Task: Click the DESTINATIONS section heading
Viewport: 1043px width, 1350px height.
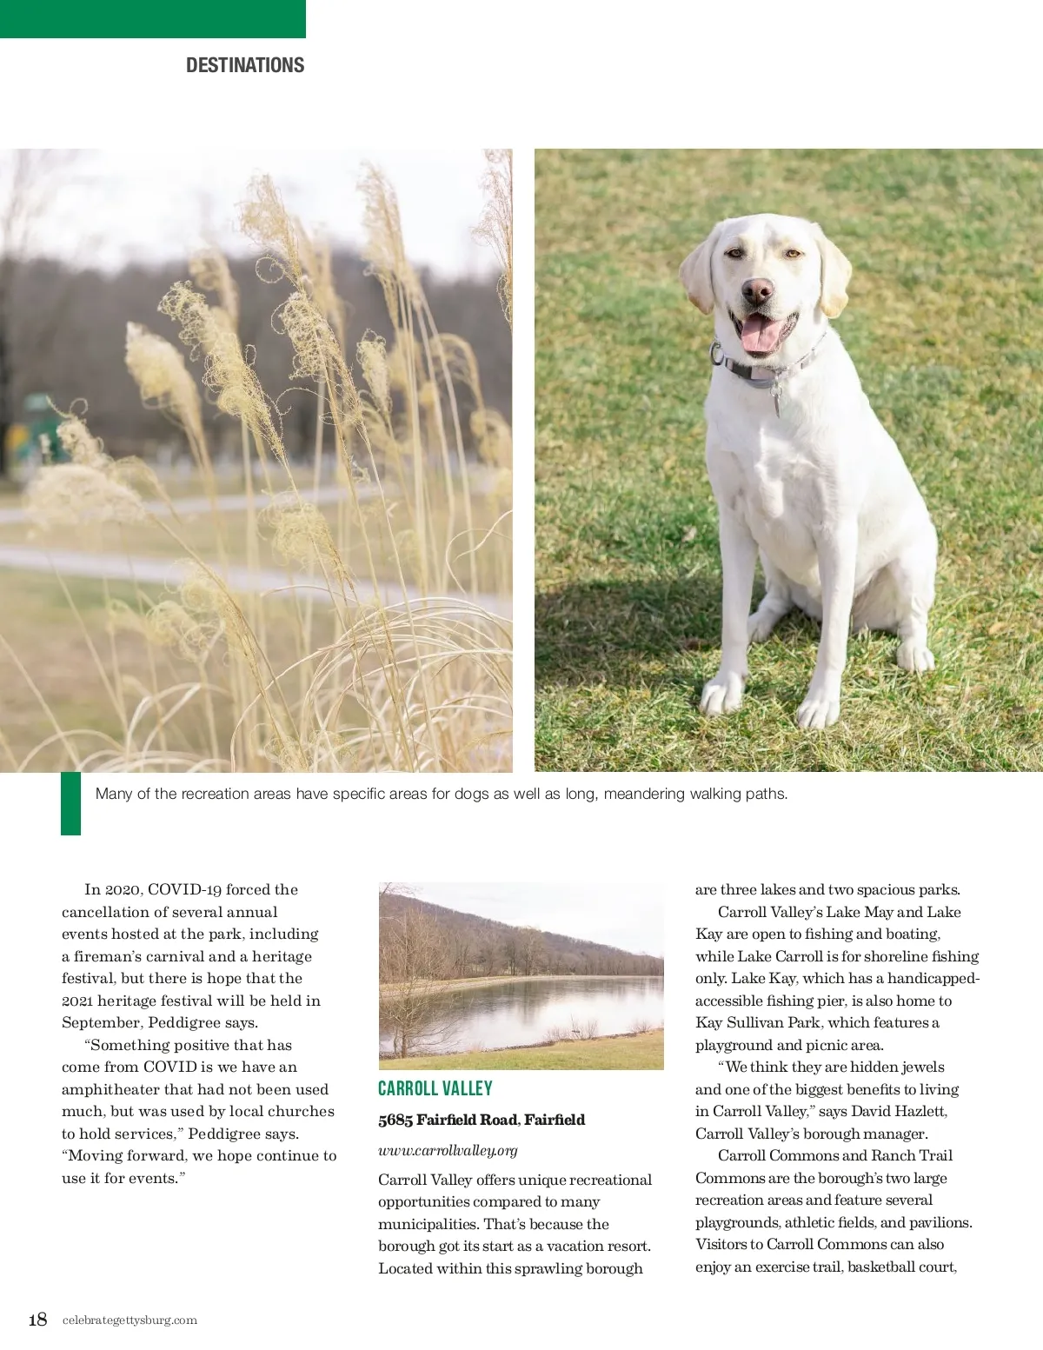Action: pos(245,65)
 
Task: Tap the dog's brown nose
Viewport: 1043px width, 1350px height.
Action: pos(757,290)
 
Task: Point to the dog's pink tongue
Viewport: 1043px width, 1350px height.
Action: pos(759,335)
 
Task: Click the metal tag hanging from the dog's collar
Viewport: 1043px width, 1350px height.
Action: pos(775,401)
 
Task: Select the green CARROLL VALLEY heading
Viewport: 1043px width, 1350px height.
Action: pos(435,1088)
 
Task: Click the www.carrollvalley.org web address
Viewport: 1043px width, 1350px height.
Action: pos(448,1150)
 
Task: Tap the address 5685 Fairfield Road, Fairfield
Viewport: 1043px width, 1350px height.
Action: pos(482,1120)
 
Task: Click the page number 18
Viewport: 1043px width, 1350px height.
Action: pos(37,1320)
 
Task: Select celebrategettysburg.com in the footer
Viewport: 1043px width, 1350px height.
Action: pos(130,1320)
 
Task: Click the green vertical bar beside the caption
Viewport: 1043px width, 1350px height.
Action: pos(70,803)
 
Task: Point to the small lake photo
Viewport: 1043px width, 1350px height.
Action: pos(521,975)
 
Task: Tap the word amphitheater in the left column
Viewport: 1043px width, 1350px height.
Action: pos(110,1089)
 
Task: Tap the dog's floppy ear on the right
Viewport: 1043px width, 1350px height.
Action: pos(832,271)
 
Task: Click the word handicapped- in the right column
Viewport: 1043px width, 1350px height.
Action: pos(933,978)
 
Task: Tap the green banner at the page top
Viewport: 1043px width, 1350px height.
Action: pos(152,18)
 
